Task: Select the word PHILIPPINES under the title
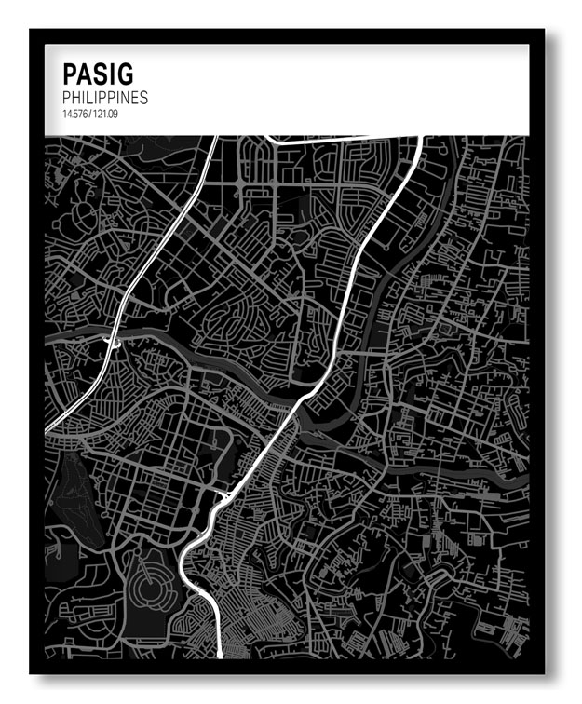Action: click(x=105, y=97)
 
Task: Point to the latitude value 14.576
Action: click(x=74, y=114)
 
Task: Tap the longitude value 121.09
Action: click(x=104, y=114)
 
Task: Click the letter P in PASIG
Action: click(x=69, y=74)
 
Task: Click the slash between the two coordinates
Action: click(x=89, y=114)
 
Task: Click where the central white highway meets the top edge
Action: click(x=421, y=138)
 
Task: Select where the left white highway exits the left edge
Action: click(x=47, y=429)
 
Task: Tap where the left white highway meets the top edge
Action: click(x=215, y=138)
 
